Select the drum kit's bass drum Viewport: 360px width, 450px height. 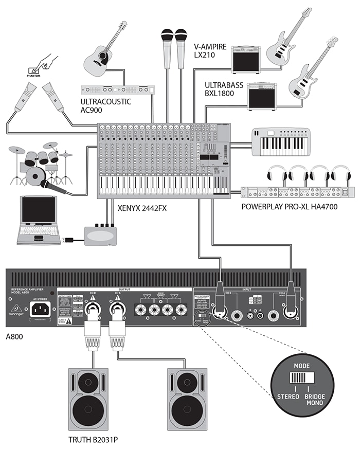[35, 176]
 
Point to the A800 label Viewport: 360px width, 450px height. [15, 338]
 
